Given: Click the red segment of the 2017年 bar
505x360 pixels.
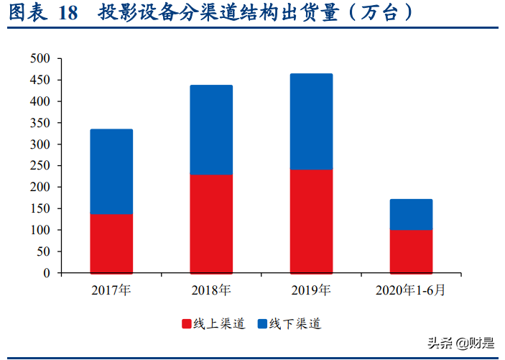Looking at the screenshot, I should pyautogui.click(x=111, y=244).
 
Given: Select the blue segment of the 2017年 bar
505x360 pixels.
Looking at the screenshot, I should pyautogui.click(x=111, y=172).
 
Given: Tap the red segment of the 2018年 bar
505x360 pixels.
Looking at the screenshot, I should pyautogui.click(x=211, y=224).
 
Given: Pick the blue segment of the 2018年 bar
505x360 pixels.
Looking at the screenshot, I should pyautogui.click(x=211, y=130).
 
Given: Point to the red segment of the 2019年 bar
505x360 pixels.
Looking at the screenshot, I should pyautogui.click(x=311, y=221).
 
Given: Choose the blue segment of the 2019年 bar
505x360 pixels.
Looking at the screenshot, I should pyautogui.click(x=311, y=121).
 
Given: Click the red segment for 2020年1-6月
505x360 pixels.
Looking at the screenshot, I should pyautogui.click(x=411, y=251).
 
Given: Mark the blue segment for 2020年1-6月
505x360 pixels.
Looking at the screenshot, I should pyautogui.click(x=411, y=214).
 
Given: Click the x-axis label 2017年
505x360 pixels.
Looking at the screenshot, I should pyautogui.click(x=111, y=290).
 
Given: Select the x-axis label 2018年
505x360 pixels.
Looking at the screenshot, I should pyautogui.click(x=211, y=290).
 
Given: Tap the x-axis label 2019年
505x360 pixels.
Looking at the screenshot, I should pyautogui.click(x=311, y=290).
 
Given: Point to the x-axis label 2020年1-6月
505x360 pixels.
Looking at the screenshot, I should pyautogui.click(x=411, y=290).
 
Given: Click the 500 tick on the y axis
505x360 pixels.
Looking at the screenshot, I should pyautogui.click(x=41, y=59).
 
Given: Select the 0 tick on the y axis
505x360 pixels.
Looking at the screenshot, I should pyautogui.click(x=47, y=273).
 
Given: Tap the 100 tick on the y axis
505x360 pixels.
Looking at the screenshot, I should pyautogui.click(x=41, y=231).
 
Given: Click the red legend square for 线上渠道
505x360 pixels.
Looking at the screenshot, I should pyautogui.click(x=187, y=325).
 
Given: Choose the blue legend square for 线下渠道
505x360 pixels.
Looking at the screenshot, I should pyautogui.click(x=262, y=325).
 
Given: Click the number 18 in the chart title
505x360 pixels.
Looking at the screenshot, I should pyautogui.click(x=68, y=14).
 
